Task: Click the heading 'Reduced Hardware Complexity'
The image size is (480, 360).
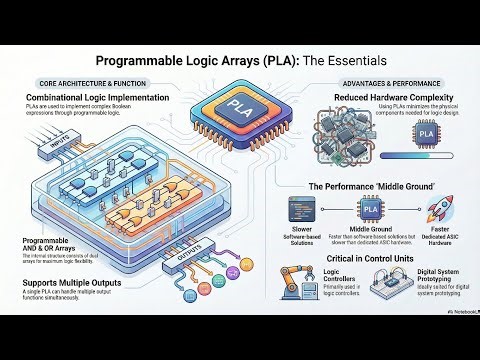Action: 381,97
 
